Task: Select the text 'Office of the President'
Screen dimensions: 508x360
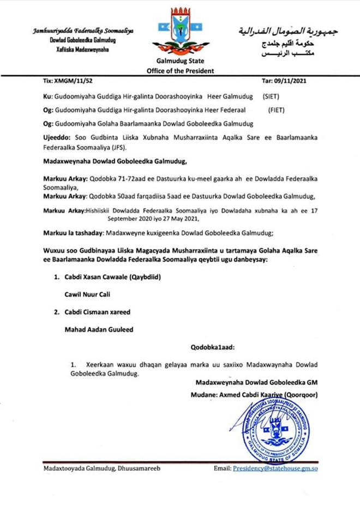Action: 180,71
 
